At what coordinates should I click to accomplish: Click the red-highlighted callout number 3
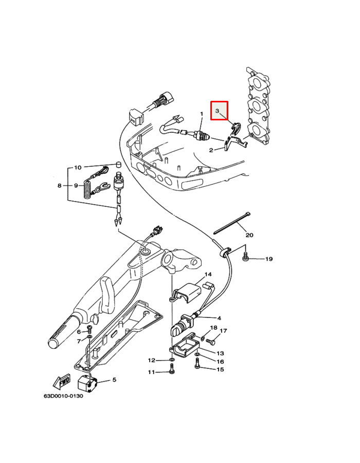point(218,111)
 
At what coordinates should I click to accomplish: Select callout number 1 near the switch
point(202,114)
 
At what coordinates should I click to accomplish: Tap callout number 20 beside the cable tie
point(249,235)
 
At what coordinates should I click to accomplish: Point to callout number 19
point(268,259)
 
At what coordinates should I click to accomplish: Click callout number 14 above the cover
point(208,275)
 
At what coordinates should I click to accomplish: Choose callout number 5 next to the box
point(114,380)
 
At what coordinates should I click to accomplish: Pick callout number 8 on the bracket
point(59,185)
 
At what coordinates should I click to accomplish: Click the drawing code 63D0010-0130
point(63,396)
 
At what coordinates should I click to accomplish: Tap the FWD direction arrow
point(61,382)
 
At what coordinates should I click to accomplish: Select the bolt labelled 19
point(246,256)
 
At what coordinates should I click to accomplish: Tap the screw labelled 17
point(210,339)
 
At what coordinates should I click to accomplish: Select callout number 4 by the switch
point(219,318)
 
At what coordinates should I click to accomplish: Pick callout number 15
point(220,369)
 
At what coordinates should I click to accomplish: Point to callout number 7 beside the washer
point(79,341)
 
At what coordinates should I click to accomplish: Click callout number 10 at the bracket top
point(78,167)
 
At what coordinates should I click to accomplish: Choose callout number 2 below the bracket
point(211,150)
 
